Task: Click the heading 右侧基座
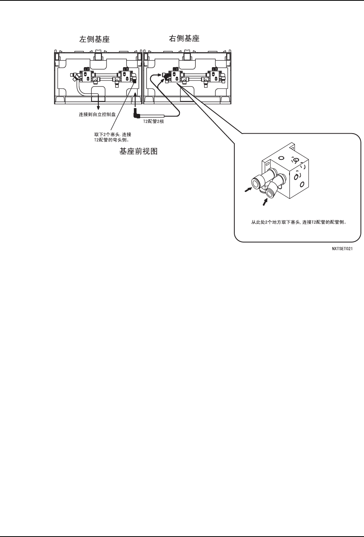[184, 39]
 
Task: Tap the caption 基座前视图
[138, 152]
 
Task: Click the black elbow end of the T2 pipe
[136, 115]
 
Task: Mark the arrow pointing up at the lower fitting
[265, 201]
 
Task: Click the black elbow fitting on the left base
[134, 80]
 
